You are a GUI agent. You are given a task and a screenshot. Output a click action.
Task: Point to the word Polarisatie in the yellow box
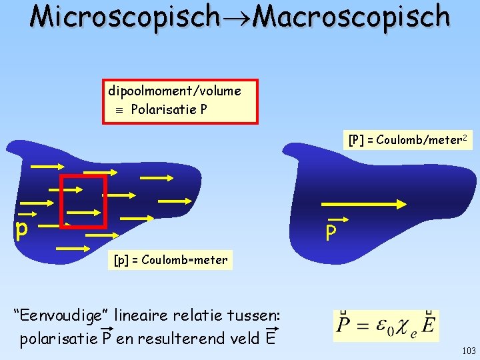pos(160,109)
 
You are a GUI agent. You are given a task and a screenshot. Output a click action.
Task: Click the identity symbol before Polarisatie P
pos(119,109)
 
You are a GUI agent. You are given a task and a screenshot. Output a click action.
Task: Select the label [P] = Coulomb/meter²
pos(407,140)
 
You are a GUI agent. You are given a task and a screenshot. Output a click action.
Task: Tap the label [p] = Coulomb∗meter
pos(170,260)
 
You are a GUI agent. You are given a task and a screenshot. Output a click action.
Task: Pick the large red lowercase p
pos(22,230)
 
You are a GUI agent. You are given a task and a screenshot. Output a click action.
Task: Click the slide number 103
pos(467,350)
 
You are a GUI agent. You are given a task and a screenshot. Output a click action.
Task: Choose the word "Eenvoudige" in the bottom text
pos(62,315)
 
